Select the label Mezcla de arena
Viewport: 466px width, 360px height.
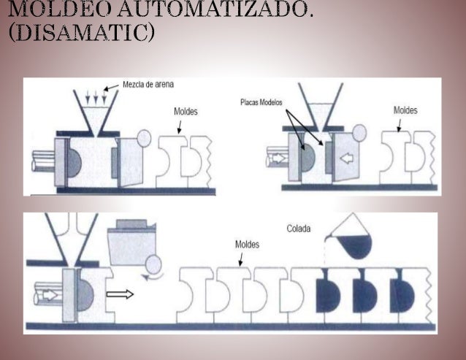(x=148, y=85)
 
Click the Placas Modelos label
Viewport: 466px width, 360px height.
(x=261, y=103)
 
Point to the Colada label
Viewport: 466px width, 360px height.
(x=298, y=229)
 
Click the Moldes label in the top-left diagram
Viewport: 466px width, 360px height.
(x=185, y=112)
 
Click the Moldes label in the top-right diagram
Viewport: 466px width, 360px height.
(x=405, y=110)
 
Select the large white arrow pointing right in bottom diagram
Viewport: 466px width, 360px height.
(x=121, y=295)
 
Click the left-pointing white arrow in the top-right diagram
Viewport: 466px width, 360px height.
(x=348, y=158)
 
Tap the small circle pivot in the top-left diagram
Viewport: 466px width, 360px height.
(x=143, y=137)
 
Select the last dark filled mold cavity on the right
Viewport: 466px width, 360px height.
(x=400, y=296)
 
